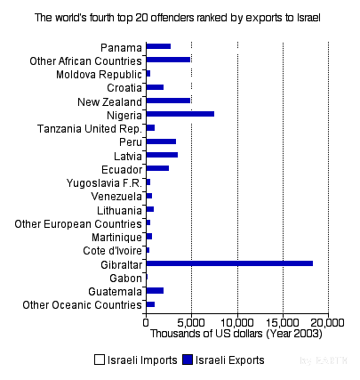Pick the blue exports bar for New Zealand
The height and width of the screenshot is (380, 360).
[x=168, y=101]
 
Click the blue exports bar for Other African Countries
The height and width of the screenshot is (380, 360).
[x=168, y=60]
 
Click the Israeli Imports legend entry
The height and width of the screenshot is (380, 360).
[x=135, y=360]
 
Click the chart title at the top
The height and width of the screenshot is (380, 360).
[x=178, y=17]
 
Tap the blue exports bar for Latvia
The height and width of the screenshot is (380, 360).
[x=162, y=155]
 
